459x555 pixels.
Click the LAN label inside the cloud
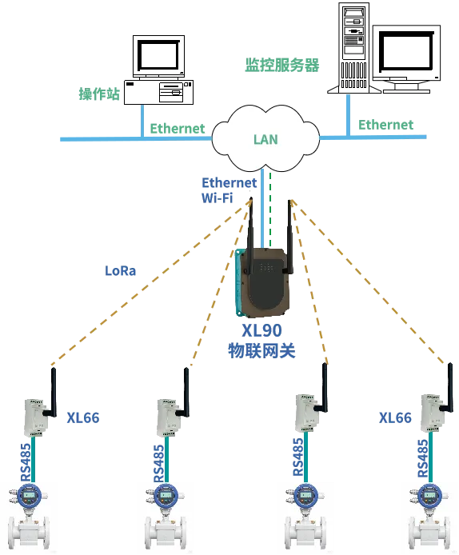pos(265,139)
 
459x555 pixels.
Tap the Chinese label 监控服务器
pos(282,65)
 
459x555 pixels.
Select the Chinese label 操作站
pos(99,94)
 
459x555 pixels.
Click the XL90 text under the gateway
pos(261,330)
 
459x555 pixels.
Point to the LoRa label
pos(120,271)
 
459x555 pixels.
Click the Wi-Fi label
pos(217,198)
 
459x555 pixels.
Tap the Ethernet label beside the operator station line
pos(178,129)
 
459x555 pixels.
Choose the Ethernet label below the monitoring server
pos(385,125)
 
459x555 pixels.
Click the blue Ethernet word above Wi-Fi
pos(229,182)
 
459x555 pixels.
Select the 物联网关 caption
pos(261,350)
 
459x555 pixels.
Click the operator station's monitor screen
pos(158,55)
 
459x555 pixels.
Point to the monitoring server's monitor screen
pos(406,51)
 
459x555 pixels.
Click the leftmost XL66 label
pos(83,418)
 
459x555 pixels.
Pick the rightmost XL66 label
pos(395,418)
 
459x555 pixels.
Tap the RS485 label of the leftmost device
pos(26,462)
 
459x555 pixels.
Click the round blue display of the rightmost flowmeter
pos(429,496)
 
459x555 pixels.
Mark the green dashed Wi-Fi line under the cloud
pos(270,210)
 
